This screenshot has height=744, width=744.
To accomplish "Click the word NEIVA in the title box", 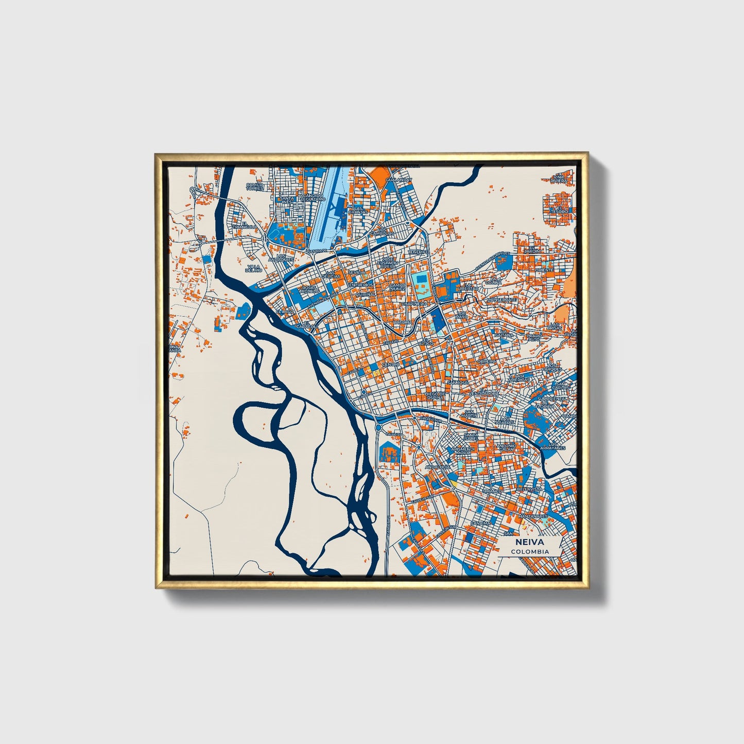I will click(x=530, y=542).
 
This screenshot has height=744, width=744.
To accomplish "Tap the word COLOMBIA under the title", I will click(x=530, y=551).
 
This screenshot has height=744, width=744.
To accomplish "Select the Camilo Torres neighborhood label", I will click(x=255, y=186).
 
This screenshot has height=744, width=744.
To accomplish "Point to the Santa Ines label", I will click(x=286, y=200).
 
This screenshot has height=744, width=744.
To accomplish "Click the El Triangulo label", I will click(x=244, y=225).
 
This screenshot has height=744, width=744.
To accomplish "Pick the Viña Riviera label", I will click(x=559, y=179).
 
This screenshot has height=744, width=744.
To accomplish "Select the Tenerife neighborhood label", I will click(x=419, y=252).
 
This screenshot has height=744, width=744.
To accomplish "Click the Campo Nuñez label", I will click(x=397, y=287).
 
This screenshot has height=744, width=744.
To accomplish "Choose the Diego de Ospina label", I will click(x=434, y=395).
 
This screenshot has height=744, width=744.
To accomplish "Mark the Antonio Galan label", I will click(x=505, y=447).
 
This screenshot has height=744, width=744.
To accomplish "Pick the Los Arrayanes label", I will click(x=556, y=446).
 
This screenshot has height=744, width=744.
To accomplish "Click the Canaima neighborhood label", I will click(x=480, y=523).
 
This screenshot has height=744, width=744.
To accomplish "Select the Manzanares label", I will click(x=533, y=515).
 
